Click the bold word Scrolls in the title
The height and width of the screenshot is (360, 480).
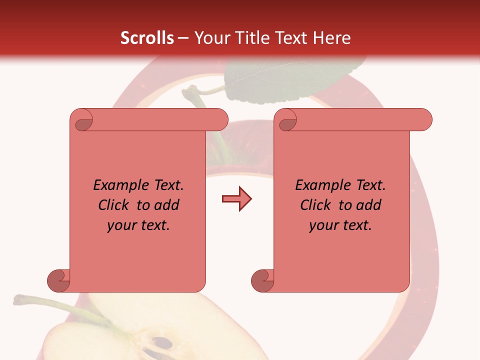pyautogui.click(x=147, y=38)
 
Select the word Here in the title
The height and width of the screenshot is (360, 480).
pyautogui.click(x=332, y=38)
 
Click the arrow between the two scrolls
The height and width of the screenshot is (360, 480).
pyautogui.click(x=236, y=199)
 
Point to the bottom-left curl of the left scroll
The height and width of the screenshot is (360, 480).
pyautogui.click(x=58, y=280)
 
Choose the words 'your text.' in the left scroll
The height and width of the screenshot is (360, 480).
pyautogui.click(x=138, y=225)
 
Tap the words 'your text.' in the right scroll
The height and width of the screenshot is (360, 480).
pyautogui.click(x=340, y=225)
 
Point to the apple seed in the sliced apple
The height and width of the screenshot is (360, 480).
pyautogui.click(x=162, y=343)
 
